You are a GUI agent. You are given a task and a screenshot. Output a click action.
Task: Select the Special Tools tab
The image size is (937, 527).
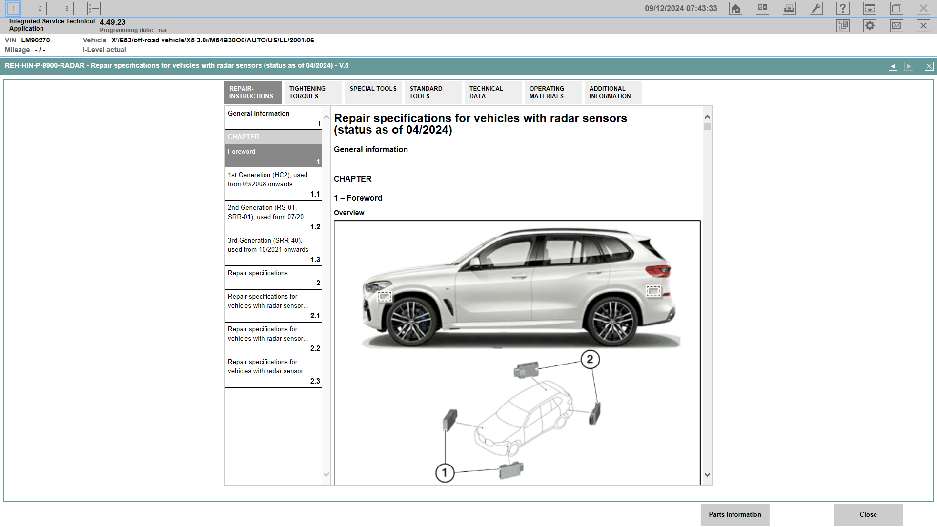[x=373, y=92]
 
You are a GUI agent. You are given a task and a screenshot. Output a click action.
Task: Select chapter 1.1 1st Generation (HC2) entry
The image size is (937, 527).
[x=273, y=184]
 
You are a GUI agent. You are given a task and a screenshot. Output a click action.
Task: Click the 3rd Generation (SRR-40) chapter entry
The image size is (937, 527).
[x=273, y=249]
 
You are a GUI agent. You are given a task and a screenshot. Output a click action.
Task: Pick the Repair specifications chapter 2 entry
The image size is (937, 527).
[x=273, y=278]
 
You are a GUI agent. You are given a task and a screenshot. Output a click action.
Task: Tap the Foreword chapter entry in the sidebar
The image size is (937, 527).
[x=273, y=156]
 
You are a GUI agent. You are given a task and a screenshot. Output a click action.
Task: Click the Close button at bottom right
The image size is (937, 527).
[x=868, y=514]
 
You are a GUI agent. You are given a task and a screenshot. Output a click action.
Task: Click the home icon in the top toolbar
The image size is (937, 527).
[x=735, y=8]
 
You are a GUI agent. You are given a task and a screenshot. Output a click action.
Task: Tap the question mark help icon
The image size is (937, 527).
[x=843, y=8]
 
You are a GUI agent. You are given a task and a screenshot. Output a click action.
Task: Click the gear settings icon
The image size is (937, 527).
[x=870, y=26]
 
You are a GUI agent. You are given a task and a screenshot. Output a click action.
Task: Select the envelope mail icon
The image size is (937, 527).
[x=896, y=26]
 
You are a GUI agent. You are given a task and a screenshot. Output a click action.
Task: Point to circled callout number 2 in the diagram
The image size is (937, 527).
[x=590, y=360]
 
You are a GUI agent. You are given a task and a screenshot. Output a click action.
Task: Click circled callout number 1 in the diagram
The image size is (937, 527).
[x=445, y=473]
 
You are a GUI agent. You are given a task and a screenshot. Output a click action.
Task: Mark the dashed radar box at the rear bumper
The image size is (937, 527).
[x=653, y=291]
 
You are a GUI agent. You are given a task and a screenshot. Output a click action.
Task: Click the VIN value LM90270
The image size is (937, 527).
[x=35, y=40]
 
